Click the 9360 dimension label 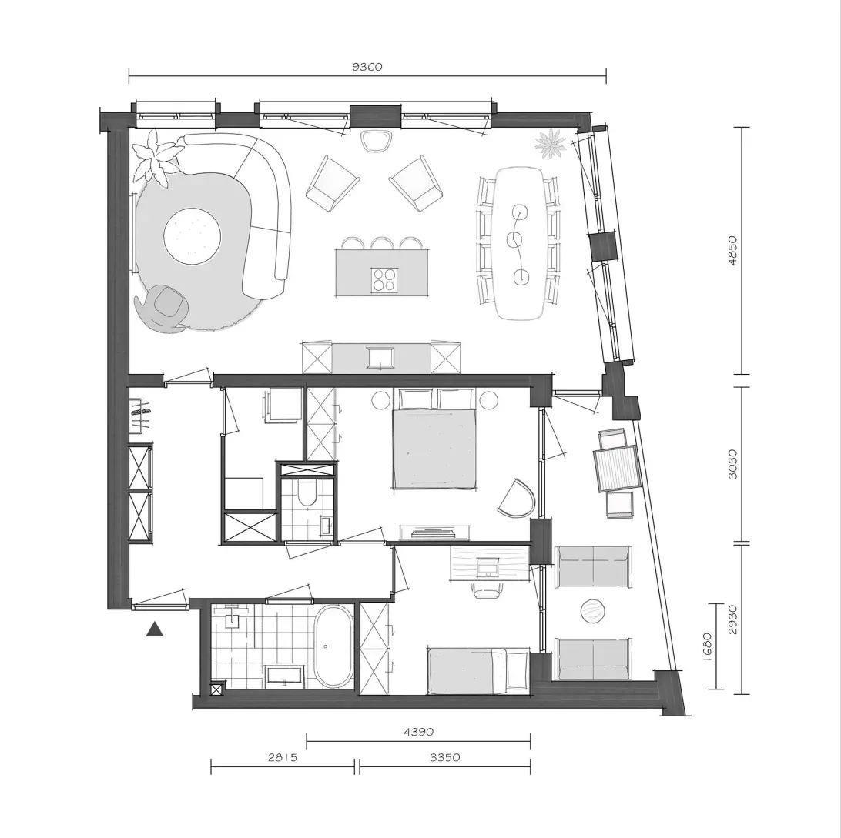[x=367, y=67]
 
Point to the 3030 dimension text [x=732, y=464]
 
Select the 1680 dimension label [x=707, y=646]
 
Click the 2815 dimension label [x=282, y=757]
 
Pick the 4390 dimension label [x=418, y=731]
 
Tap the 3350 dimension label [x=444, y=757]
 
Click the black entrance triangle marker [x=155, y=629]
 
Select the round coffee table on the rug [x=192, y=236]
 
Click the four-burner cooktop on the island [x=384, y=279]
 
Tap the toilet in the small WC [x=307, y=492]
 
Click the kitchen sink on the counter [x=380, y=358]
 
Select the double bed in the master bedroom [x=434, y=439]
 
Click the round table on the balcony [x=593, y=611]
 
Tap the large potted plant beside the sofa [x=156, y=156]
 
